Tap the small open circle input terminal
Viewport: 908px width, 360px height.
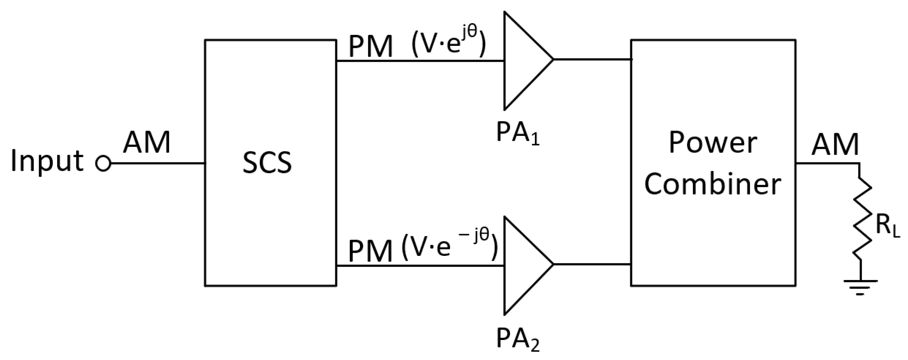(x=103, y=163)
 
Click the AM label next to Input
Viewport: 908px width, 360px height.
(x=147, y=143)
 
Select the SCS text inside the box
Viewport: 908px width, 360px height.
(x=267, y=163)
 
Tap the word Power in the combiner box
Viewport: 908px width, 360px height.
(x=713, y=143)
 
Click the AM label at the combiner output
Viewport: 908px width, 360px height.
(x=835, y=145)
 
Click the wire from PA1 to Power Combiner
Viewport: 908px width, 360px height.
(x=592, y=59)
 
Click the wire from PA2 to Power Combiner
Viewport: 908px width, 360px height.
(x=592, y=264)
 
